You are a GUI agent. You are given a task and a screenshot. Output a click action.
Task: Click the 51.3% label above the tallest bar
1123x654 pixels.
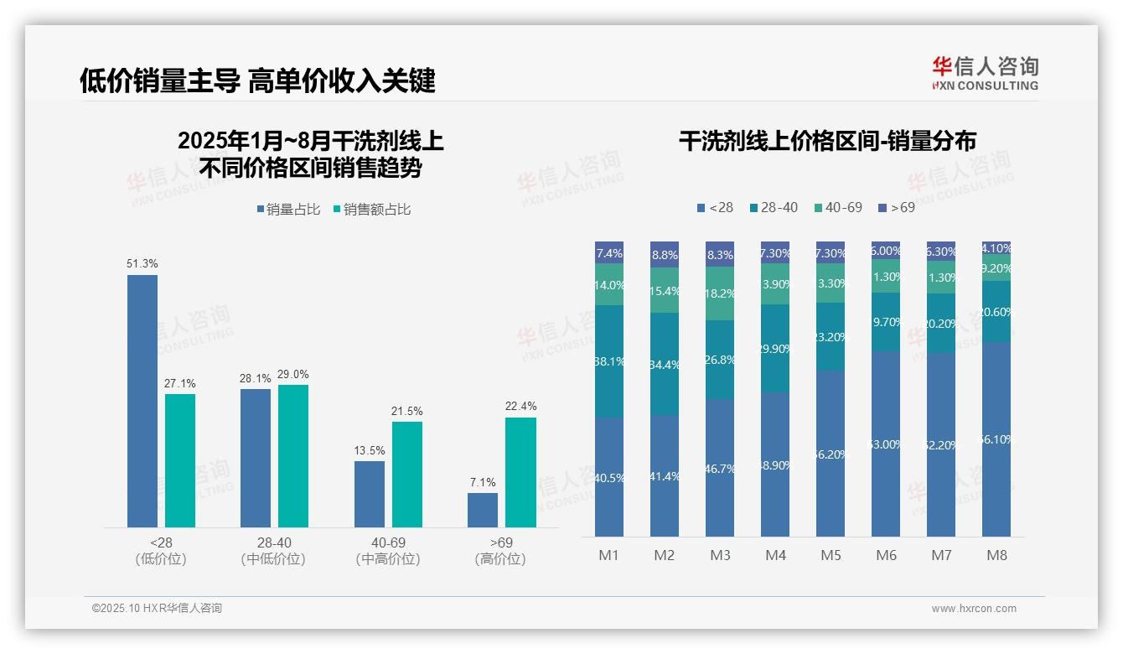(x=142, y=263)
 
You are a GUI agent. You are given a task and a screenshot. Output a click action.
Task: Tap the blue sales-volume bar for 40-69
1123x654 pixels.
(x=370, y=494)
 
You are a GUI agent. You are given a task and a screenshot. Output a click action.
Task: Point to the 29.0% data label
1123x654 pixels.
(x=293, y=374)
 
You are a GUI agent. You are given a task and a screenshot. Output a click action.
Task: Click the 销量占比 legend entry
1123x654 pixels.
(x=288, y=210)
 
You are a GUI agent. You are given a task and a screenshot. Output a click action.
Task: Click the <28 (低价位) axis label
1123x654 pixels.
(x=161, y=551)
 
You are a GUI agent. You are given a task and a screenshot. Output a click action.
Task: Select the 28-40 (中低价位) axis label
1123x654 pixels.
(x=273, y=551)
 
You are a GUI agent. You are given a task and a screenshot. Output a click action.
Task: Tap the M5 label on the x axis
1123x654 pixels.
(x=831, y=555)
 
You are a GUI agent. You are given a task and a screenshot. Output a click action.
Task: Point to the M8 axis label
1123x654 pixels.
(x=996, y=555)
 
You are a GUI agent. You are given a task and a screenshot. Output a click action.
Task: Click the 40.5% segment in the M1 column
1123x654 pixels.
(x=609, y=477)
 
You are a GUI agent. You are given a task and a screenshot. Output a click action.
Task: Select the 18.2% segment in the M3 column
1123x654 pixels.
(x=720, y=293)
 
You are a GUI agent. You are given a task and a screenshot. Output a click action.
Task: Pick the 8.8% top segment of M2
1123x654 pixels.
(x=665, y=254)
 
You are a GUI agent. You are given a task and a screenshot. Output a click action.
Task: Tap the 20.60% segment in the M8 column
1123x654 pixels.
(x=996, y=312)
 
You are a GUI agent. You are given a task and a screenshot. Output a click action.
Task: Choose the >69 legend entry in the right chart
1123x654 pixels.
(x=897, y=207)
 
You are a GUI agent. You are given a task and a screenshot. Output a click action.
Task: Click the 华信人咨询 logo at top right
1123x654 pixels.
(x=986, y=73)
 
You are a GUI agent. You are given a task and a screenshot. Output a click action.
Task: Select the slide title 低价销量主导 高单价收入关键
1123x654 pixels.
(x=257, y=80)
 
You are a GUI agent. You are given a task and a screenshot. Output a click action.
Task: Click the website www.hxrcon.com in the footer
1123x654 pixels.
(x=974, y=609)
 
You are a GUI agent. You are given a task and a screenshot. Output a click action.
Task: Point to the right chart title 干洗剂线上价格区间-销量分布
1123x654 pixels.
(x=827, y=141)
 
